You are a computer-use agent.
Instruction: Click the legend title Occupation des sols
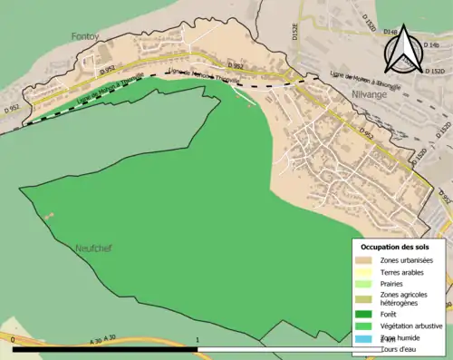pos(396,246)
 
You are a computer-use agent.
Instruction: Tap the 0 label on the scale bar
pos(14,339)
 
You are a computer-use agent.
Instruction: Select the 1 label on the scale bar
pos(198,339)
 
